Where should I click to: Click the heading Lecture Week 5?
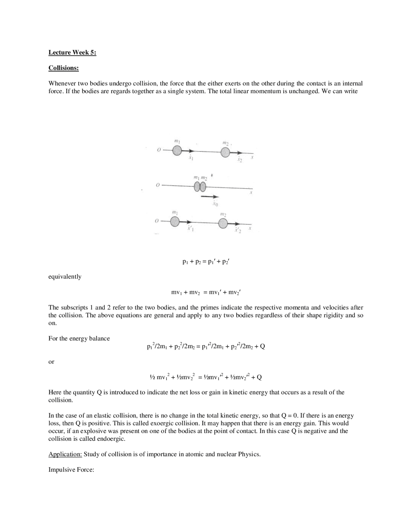pos(72,52)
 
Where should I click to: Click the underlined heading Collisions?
pos(63,68)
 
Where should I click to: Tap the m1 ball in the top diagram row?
pos(177,150)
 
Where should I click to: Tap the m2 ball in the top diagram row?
pos(226,152)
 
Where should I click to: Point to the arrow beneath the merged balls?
pos(210,197)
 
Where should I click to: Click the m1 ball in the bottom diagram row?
pos(175,222)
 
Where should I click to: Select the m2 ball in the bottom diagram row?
pos(223,224)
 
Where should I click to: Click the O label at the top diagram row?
pos(158,150)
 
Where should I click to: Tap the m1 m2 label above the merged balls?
pos(201,177)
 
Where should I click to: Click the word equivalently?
pos(65,277)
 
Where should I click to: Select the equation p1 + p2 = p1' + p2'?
pos(205,262)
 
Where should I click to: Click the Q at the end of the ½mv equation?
pos(259,377)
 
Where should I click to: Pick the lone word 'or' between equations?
pos(51,362)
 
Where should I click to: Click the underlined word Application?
pos(65,454)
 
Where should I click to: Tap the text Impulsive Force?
pos(71,470)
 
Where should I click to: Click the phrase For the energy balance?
pos(79,338)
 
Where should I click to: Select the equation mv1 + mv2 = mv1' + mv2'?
pos(206,292)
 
